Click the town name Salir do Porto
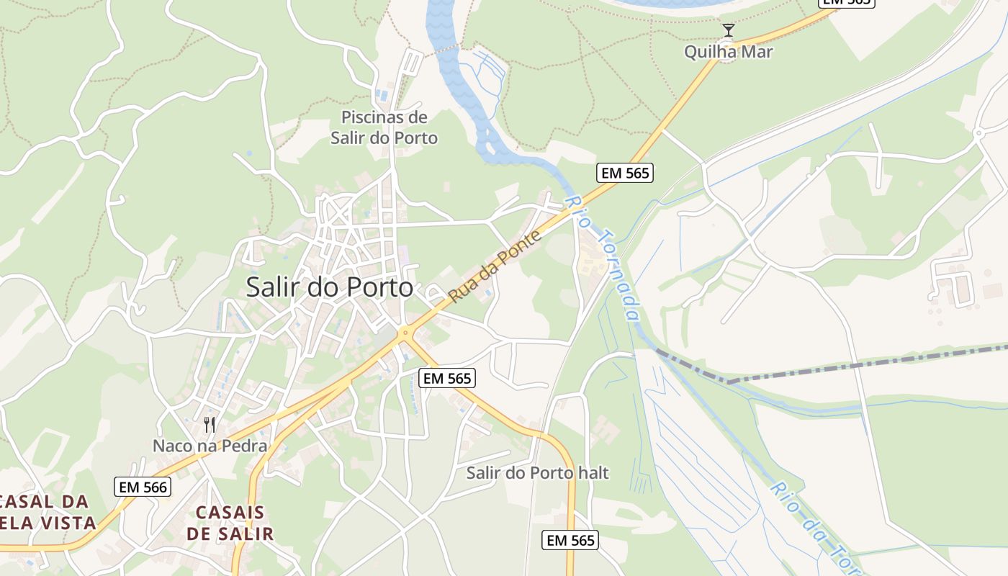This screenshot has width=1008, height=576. point(330,287)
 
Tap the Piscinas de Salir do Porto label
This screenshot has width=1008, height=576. point(384,127)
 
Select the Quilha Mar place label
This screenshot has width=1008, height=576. point(728,52)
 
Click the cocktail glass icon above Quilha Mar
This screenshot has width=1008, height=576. point(728,30)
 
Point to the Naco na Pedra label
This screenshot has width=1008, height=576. point(210,446)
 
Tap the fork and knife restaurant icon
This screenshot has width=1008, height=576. point(210,424)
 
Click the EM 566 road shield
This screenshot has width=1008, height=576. point(143,487)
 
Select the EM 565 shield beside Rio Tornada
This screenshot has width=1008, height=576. point(624,173)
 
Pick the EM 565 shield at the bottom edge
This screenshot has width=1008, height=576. point(570,540)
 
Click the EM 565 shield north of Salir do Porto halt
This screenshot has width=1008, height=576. point(447,378)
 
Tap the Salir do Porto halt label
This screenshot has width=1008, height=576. point(537,473)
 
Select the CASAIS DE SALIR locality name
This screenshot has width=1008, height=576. point(230,523)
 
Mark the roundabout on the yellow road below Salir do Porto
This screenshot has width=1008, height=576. point(405,333)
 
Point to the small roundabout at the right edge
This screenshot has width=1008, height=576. point(978,133)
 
